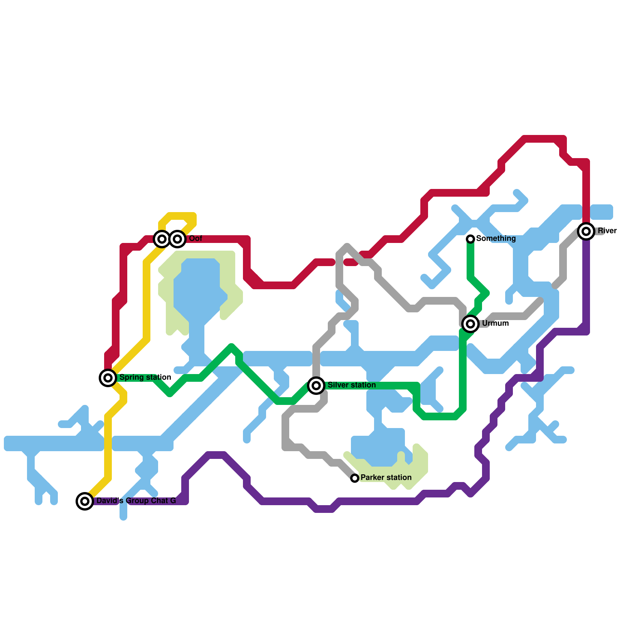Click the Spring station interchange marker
(108, 378)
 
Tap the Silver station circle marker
(316, 385)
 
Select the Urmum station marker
(470, 324)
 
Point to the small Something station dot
(470, 239)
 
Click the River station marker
(586, 231)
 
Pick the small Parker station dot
(355, 478)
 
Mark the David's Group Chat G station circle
(85, 501)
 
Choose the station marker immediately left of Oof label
(177, 239)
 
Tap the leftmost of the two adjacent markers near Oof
(162, 239)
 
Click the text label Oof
(196, 239)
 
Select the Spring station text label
(145, 377)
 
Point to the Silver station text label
(351, 385)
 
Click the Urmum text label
(495, 323)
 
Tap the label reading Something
(496, 238)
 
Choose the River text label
(607, 231)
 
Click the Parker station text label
(386, 477)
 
